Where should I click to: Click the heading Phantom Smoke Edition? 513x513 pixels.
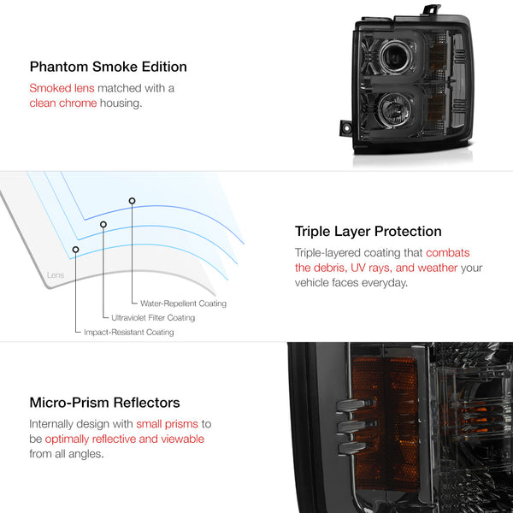click(109, 67)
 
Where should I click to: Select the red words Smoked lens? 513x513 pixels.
click(62, 88)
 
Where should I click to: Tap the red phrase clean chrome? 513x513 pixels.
click(63, 103)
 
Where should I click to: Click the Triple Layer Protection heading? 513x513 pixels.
click(368, 232)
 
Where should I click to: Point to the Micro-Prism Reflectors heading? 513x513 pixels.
click(104, 403)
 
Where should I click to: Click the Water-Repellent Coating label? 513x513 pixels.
click(183, 304)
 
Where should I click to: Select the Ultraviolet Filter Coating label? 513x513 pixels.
click(153, 318)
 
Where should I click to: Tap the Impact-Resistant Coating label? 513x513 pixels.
click(129, 332)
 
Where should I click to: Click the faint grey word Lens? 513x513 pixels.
click(56, 274)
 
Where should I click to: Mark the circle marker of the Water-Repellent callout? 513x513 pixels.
click(132, 201)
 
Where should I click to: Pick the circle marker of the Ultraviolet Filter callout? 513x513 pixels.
click(103, 224)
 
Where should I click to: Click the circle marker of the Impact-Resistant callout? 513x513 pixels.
click(75, 250)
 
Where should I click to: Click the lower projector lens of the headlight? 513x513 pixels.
click(394, 109)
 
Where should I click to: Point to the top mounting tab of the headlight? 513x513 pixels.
click(432, 9)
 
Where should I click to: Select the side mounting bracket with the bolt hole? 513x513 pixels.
click(345, 128)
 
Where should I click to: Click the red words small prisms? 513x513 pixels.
click(168, 424)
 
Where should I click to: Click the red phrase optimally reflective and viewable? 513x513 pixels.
click(125, 439)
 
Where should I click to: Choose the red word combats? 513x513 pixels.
click(447, 253)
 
